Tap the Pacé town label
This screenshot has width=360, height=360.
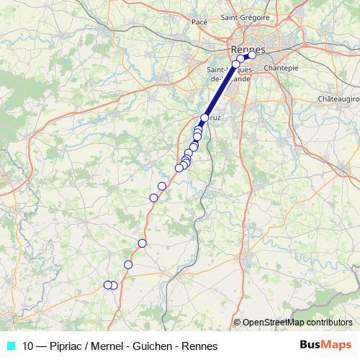click(x=199, y=22)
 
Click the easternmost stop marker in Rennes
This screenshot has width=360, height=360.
click(x=252, y=55)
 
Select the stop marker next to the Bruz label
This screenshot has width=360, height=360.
click(x=204, y=117)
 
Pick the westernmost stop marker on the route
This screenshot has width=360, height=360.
click(x=107, y=284)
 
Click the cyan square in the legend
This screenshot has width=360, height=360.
click(x=10, y=345)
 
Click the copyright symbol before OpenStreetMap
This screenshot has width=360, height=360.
click(x=237, y=322)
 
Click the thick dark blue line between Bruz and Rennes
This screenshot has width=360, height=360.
click(x=220, y=91)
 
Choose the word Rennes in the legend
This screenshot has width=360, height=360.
click(x=201, y=346)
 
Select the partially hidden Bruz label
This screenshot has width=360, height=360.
click(x=215, y=118)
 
